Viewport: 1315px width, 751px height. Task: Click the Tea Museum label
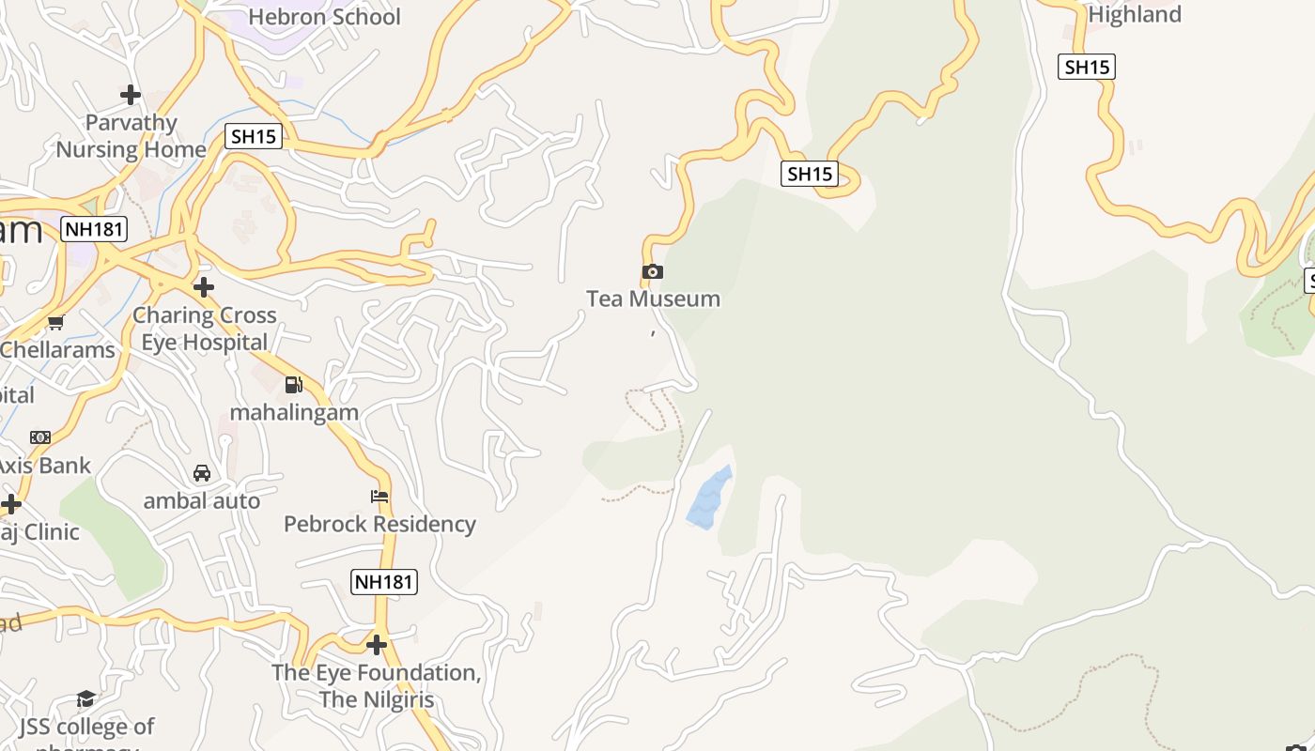click(653, 299)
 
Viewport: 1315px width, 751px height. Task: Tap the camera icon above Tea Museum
click(653, 272)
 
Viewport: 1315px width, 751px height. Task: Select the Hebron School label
click(324, 17)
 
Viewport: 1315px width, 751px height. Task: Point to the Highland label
click(1134, 15)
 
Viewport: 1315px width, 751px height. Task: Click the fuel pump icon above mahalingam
click(294, 384)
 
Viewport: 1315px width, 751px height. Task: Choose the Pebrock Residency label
click(379, 524)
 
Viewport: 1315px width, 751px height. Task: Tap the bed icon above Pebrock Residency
click(379, 496)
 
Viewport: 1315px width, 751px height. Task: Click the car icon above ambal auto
click(202, 472)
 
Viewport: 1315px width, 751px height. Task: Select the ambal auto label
click(202, 501)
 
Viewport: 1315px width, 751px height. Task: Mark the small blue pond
click(709, 498)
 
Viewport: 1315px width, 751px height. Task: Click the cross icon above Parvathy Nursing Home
click(131, 95)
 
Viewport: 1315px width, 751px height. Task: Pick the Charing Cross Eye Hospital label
click(204, 329)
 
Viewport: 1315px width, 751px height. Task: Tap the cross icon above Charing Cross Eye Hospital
click(203, 287)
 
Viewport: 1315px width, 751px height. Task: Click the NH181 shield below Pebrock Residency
click(383, 582)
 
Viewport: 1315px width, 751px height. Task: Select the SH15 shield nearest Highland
click(1086, 67)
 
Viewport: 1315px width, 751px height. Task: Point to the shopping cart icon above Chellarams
click(56, 323)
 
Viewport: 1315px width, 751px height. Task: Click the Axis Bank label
click(45, 466)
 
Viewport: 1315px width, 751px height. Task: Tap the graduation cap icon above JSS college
click(85, 698)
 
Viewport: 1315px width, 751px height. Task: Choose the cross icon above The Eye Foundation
click(377, 645)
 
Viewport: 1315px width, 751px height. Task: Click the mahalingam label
click(294, 412)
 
